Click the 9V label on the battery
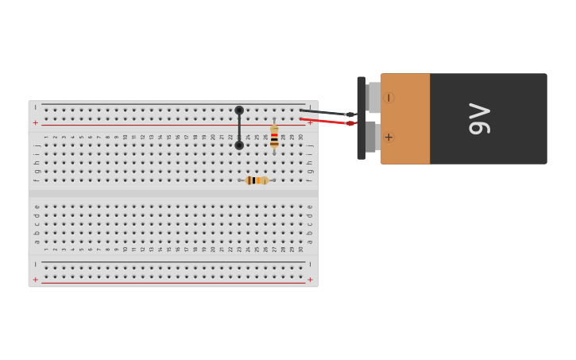coord(480,118)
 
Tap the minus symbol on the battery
coord(389,98)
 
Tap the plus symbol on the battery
coord(389,137)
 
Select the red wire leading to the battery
coord(326,121)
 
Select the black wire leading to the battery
coord(326,112)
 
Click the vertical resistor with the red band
coord(274,137)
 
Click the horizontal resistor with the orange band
coord(257,180)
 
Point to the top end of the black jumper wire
coord(239,110)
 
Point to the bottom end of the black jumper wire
coord(239,145)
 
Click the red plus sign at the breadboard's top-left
coord(35,123)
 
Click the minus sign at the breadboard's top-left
coord(35,106)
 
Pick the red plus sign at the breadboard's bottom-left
coord(35,280)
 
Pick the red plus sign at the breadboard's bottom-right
coord(310,280)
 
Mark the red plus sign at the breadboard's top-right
coord(310,123)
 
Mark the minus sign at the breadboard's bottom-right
coord(310,263)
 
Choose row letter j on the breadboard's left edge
coord(37,145)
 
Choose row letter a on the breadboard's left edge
coord(37,242)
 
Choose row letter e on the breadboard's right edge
coord(310,207)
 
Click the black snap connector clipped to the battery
coord(361,118)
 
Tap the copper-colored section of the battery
coord(405,118)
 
